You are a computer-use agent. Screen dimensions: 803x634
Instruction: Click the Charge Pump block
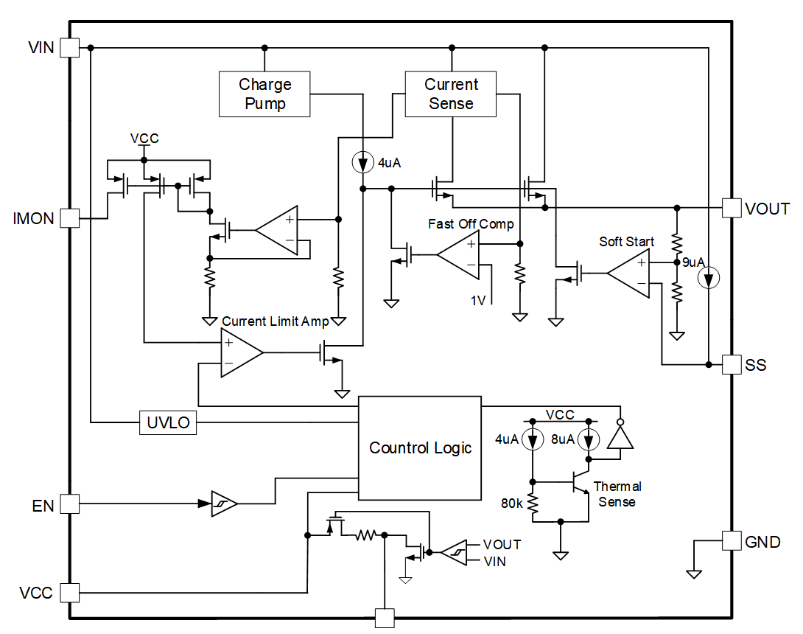264,94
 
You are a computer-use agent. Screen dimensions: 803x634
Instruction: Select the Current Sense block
451,94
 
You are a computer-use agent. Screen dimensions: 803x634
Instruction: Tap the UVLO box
168,422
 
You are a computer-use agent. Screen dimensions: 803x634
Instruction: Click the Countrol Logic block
420,448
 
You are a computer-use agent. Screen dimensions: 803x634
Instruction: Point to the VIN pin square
70,48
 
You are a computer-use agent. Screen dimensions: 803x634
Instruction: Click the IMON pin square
70,217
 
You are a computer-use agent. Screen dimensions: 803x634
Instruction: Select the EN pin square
70,504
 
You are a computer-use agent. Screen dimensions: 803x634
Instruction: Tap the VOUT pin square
732,208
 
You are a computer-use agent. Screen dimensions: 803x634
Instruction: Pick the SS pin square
732,364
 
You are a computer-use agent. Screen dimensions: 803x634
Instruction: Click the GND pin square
732,540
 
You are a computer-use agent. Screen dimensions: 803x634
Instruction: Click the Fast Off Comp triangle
458,254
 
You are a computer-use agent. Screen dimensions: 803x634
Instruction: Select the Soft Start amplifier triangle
628,274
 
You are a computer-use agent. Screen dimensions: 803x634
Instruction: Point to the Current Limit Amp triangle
242,352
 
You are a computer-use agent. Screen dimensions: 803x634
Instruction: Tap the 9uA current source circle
708,279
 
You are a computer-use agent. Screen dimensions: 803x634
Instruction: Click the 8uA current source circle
589,440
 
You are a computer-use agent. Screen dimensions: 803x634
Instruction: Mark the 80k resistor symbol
533,504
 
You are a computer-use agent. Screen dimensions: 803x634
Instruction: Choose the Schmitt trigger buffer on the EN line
224,504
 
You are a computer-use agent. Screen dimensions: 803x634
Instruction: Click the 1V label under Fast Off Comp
478,300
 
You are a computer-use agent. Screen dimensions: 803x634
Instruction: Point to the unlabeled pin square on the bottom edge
385,618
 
